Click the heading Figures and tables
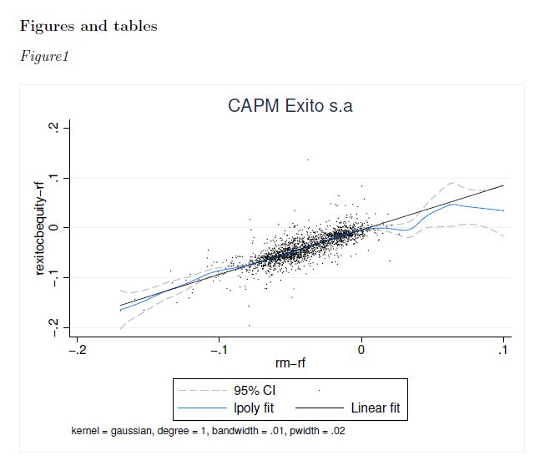pos(88,26)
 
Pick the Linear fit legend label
pos(381,408)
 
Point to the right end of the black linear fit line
pos(503,185)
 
